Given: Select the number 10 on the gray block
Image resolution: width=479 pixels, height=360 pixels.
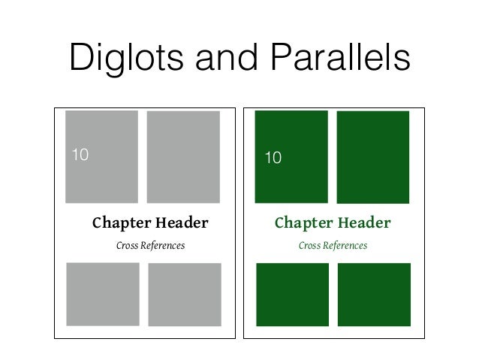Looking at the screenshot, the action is [80, 156].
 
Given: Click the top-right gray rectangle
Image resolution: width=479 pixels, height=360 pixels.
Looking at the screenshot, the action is [183, 157].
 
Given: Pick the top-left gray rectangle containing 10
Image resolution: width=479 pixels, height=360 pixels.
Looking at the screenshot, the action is [101, 156].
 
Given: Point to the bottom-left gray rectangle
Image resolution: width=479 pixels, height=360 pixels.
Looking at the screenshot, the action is [103, 294].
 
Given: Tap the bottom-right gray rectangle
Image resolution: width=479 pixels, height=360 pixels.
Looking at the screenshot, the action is [185, 295].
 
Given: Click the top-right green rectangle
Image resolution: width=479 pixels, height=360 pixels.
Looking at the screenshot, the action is [373, 157].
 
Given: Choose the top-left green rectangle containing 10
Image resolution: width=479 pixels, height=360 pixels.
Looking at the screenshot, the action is [291, 156].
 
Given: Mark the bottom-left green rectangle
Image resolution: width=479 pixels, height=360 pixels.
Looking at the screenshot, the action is [292, 295].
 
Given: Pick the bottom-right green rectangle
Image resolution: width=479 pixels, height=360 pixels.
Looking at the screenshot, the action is [374, 295].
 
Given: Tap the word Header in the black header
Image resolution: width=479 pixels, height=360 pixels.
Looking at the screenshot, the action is [181, 223].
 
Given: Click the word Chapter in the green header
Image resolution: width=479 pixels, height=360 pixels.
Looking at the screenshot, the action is [303, 223].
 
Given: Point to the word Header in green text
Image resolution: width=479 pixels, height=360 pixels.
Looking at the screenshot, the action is [364, 223].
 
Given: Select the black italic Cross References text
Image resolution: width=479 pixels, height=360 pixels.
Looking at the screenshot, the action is [150, 246].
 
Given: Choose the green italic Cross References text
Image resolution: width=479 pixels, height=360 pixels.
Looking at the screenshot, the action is [333, 246].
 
